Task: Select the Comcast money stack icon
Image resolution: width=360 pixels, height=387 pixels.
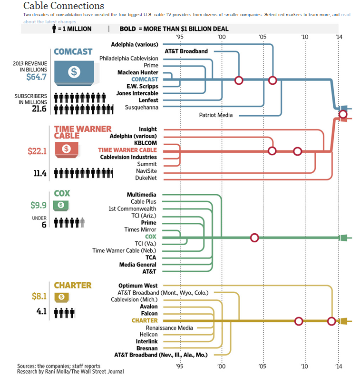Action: (x=74, y=73)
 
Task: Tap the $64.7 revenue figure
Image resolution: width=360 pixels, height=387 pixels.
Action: (x=36, y=76)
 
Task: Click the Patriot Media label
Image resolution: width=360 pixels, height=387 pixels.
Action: (x=215, y=115)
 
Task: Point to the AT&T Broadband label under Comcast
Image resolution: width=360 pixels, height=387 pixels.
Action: (x=186, y=51)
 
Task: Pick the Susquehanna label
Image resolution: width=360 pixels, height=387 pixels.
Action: (x=141, y=107)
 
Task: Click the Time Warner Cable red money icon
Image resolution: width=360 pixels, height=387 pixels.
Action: (x=67, y=149)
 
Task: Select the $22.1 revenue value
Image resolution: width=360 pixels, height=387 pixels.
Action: (x=37, y=151)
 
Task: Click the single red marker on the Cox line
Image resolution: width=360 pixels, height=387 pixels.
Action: (x=254, y=238)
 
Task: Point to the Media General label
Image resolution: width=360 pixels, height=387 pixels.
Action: (x=138, y=264)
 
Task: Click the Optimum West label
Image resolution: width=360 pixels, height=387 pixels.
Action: (x=138, y=286)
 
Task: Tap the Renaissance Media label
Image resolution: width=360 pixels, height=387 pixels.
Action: (x=169, y=327)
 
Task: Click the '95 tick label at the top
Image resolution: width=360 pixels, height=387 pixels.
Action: (x=179, y=37)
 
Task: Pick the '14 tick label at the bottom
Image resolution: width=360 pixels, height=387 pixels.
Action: (x=339, y=366)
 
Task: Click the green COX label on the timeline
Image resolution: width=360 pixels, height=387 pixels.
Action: (x=151, y=237)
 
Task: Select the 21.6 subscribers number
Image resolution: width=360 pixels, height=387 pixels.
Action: (x=39, y=109)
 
